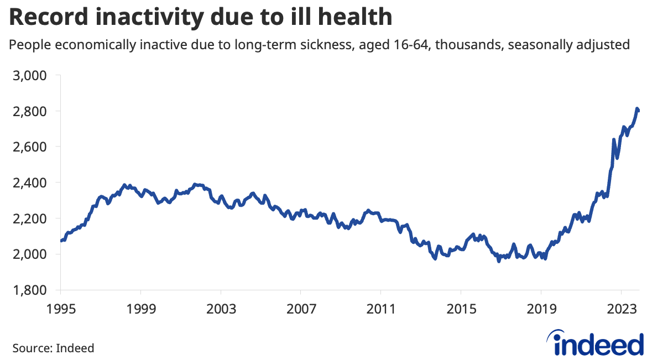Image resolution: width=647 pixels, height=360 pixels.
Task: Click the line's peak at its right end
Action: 637,108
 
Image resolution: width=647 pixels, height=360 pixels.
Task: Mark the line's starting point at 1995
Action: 61,241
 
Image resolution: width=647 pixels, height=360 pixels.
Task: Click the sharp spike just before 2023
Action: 614,140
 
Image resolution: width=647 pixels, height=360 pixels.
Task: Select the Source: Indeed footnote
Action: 53,348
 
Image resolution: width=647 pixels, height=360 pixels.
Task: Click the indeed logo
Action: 598,344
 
